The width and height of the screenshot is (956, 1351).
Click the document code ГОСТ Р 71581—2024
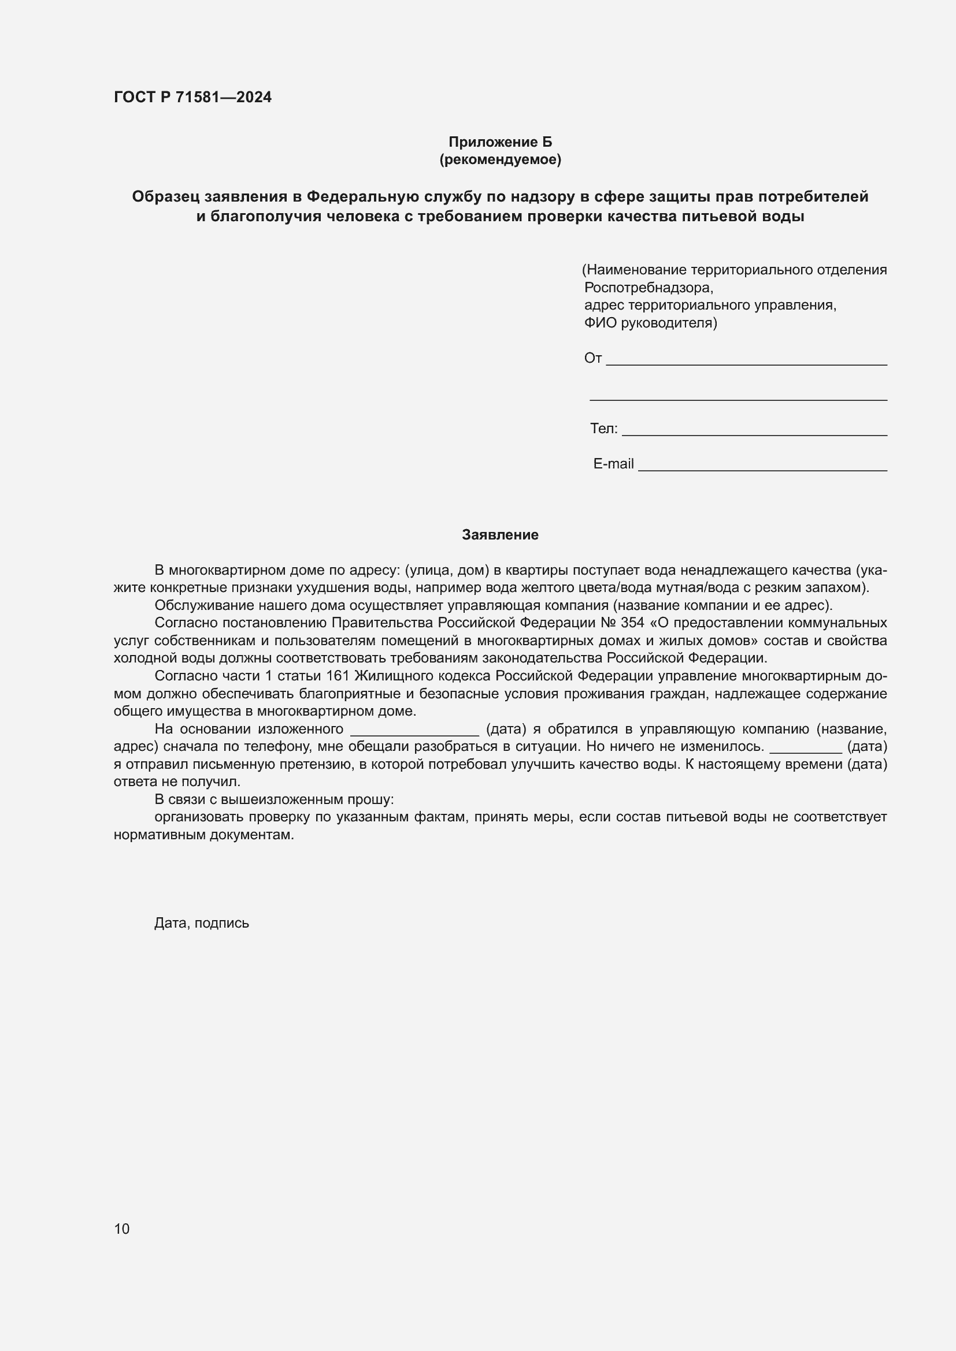pos(192,97)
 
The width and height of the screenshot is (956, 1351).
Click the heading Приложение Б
pos(500,142)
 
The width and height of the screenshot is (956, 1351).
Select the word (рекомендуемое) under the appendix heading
pos(500,159)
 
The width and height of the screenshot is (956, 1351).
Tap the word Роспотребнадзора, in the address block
pos(648,288)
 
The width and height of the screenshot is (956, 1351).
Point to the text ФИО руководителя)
pos(650,323)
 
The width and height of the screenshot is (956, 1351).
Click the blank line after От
pos(746,360)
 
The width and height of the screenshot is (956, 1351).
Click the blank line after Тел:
pos(754,431)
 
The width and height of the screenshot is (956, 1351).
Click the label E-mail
pos(613,464)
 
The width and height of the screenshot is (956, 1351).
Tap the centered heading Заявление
pos(500,535)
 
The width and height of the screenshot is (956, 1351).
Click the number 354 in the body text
pos(632,623)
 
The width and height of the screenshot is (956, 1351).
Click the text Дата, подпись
pos(201,923)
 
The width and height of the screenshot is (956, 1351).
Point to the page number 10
pos(122,1229)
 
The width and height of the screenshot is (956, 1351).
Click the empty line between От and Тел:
pos(738,396)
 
